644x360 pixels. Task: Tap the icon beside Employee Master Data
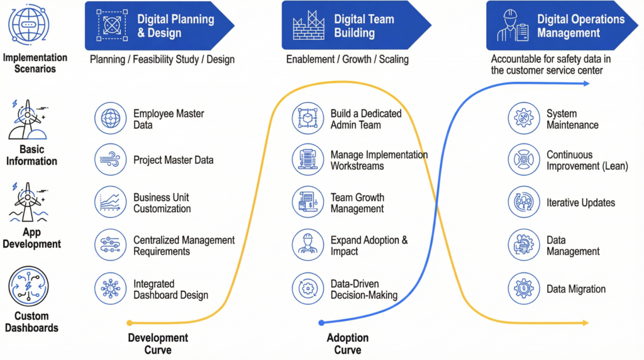(x=111, y=118)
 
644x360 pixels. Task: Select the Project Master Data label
(x=173, y=160)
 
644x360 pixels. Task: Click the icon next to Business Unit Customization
(x=111, y=203)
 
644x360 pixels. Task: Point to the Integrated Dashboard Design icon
(x=111, y=289)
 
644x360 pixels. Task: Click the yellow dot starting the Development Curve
(x=130, y=322)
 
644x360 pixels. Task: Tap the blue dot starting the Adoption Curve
(x=321, y=322)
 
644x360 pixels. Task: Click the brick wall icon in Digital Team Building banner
(x=309, y=25)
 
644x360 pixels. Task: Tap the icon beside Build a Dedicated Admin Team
(x=308, y=118)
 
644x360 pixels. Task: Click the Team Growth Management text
(x=357, y=203)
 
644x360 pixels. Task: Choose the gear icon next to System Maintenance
(x=524, y=118)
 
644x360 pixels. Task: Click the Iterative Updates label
(x=580, y=203)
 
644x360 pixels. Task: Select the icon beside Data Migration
(x=524, y=289)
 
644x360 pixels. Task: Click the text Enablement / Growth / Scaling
(x=347, y=60)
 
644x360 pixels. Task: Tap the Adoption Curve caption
(x=347, y=344)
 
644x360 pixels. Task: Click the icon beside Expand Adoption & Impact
(x=308, y=245)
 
